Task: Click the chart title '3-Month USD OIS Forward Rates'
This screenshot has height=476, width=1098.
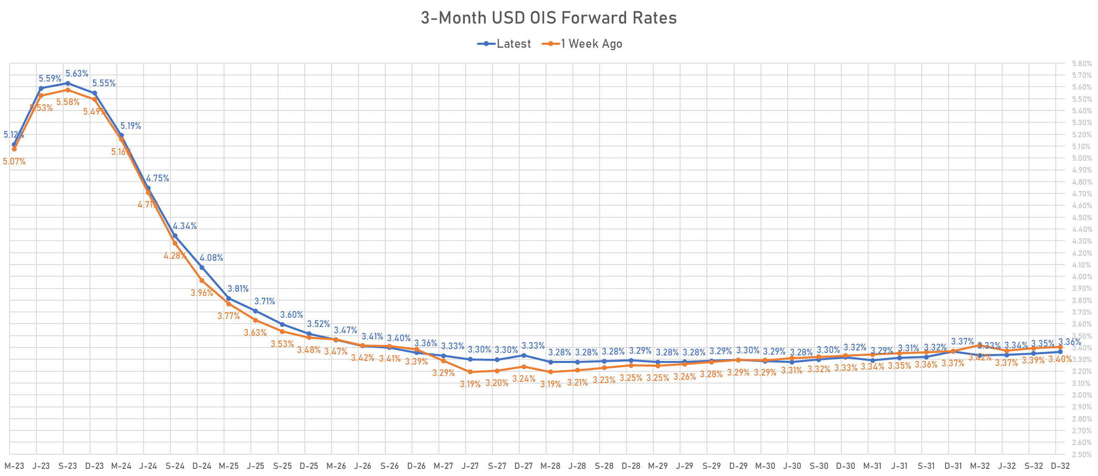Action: click(549, 18)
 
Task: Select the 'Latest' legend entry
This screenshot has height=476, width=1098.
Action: click(513, 44)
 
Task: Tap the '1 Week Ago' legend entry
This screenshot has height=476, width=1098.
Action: click(591, 44)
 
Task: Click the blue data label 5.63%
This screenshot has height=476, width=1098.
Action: click(77, 73)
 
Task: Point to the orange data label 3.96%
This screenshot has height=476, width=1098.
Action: click(201, 293)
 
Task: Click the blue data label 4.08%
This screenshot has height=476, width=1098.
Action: click(211, 258)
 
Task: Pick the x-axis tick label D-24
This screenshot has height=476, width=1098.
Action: click(201, 466)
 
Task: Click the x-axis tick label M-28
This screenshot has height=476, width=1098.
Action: click(550, 466)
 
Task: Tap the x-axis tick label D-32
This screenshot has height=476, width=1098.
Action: click(1060, 466)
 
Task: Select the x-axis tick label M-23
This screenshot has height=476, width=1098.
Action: click(14, 466)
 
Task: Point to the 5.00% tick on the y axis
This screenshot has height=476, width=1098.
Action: click(1082, 158)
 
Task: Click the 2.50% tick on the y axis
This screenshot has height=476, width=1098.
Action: click(1082, 454)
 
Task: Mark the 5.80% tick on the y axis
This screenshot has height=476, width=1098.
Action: click(1082, 64)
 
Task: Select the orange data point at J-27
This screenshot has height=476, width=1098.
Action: click(470, 372)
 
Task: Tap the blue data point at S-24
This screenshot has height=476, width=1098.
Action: click(175, 236)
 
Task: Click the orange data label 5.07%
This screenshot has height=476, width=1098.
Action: click(14, 162)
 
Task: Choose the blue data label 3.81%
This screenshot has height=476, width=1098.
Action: click(238, 289)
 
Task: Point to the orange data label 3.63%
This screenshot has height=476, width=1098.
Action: click(255, 332)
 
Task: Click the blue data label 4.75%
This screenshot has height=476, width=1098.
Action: click(157, 178)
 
